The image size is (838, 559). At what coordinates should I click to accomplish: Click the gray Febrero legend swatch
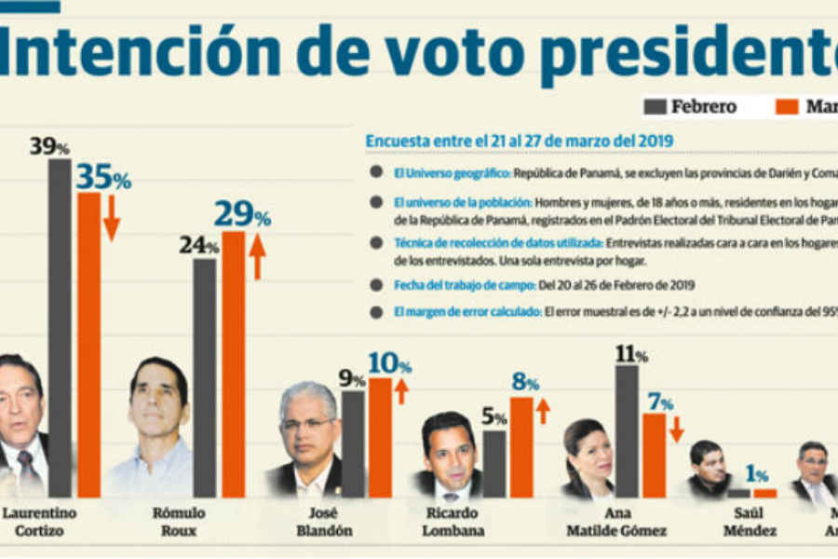(656, 106)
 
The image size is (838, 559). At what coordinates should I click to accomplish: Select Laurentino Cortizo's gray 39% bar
(60, 326)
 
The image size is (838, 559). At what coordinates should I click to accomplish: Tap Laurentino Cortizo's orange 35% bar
(89, 345)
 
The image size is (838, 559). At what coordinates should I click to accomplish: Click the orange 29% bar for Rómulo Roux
(234, 363)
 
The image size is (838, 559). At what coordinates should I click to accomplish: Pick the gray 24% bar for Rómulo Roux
(205, 377)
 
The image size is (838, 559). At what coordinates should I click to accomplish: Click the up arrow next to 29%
(258, 256)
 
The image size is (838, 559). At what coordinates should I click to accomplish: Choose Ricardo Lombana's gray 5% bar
(494, 463)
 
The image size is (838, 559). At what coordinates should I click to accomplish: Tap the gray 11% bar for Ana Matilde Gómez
(627, 430)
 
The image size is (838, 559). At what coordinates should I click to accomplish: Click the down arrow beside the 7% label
(677, 429)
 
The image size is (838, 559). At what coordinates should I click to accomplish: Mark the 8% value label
(525, 382)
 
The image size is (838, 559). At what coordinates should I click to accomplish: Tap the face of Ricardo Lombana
(450, 448)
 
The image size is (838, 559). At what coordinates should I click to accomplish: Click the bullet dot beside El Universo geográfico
(375, 172)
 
